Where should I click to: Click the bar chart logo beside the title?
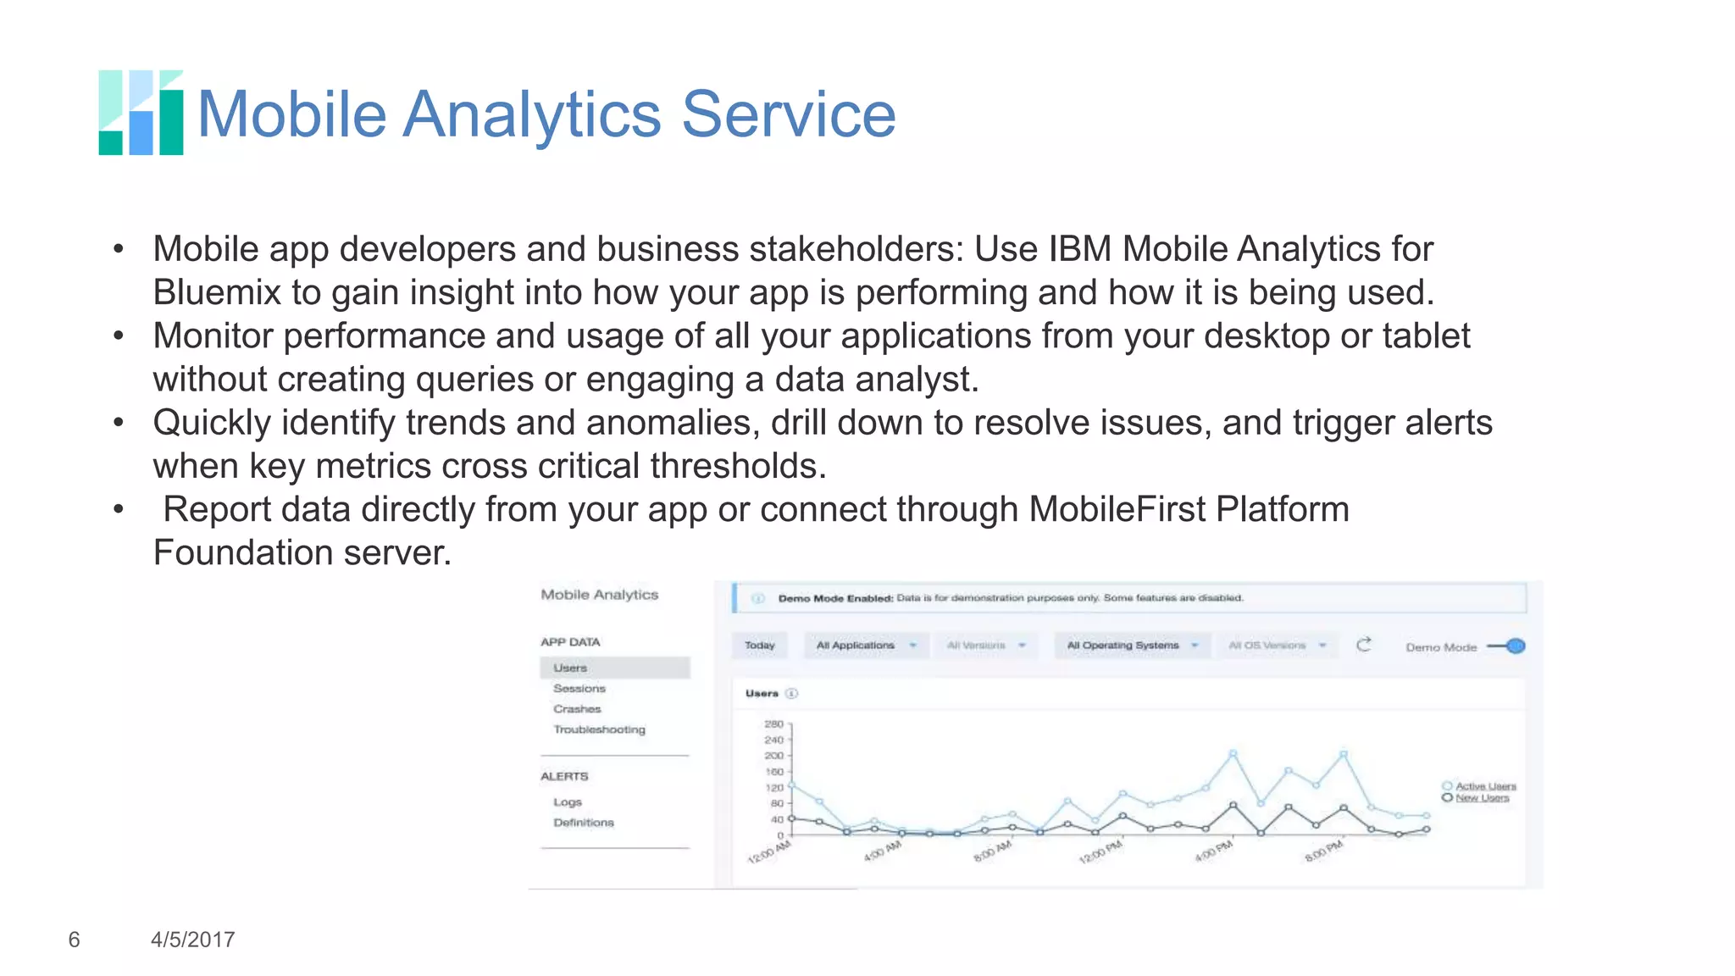click(x=141, y=113)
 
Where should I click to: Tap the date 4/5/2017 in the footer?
click(x=192, y=940)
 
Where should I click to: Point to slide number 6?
click(x=74, y=940)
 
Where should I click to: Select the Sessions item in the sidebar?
click(x=579, y=689)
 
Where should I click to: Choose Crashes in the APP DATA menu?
click(x=577, y=709)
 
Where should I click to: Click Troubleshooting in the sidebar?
click(x=599, y=729)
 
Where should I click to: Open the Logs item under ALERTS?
click(x=568, y=802)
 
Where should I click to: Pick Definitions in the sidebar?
click(x=584, y=823)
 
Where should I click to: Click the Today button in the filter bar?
click(x=759, y=646)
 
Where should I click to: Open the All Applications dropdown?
click(x=865, y=646)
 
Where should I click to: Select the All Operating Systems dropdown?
click(x=1131, y=646)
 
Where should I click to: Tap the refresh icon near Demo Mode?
click(x=1363, y=646)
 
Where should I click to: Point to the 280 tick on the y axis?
click(x=773, y=724)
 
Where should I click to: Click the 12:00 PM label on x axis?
click(x=1100, y=851)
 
